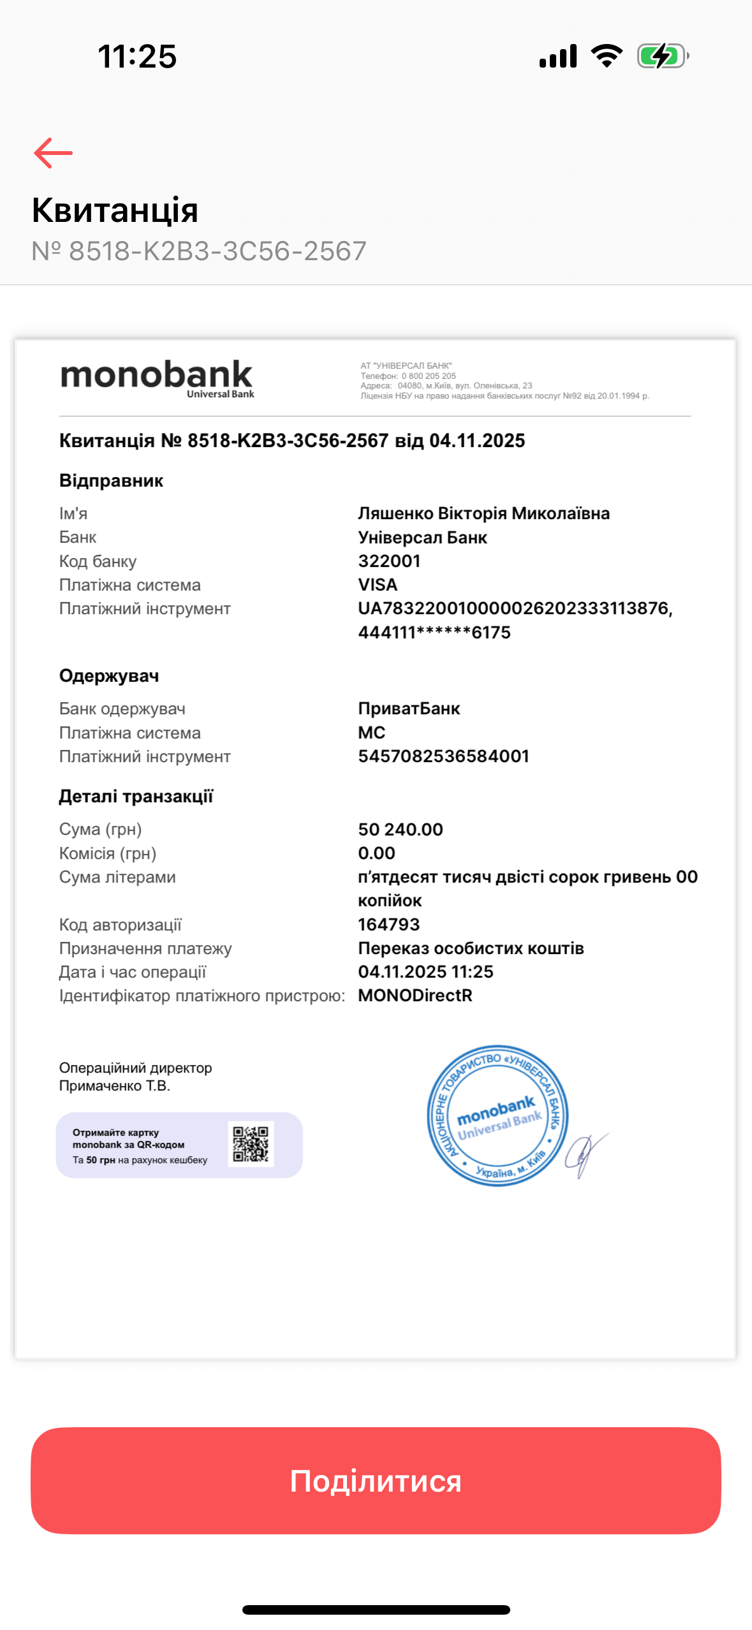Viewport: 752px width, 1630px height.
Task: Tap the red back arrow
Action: pyautogui.click(x=53, y=153)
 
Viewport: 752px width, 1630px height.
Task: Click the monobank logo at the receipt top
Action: pyautogui.click(x=157, y=378)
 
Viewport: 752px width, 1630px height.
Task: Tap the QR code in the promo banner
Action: pyautogui.click(x=251, y=1144)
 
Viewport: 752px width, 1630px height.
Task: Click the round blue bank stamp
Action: pyautogui.click(x=498, y=1116)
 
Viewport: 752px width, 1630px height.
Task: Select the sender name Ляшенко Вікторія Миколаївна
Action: pyautogui.click(x=483, y=513)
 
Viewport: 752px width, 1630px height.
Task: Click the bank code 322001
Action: pyautogui.click(x=389, y=561)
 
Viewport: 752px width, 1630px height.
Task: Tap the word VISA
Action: pyautogui.click(x=378, y=585)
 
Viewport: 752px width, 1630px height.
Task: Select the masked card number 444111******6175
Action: pyautogui.click(x=434, y=633)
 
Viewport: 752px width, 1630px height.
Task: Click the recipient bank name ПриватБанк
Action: pyautogui.click(x=409, y=709)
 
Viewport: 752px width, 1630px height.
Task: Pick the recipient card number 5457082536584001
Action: pyautogui.click(x=443, y=756)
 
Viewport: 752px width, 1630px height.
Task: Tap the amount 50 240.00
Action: pyautogui.click(x=401, y=830)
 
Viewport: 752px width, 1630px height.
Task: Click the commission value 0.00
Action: pyautogui.click(x=376, y=853)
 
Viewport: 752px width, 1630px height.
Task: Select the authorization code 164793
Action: pyautogui.click(x=388, y=925)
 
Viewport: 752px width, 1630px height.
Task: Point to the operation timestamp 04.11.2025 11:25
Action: pyautogui.click(x=425, y=972)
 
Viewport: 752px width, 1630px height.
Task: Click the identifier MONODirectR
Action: pyautogui.click(x=415, y=995)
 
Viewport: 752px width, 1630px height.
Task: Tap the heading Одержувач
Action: pyautogui.click(x=109, y=676)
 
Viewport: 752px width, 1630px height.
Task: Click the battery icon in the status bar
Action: pyautogui.click(x=663, y=56)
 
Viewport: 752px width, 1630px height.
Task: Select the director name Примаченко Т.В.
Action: pyautogui.click(x=115, y=1086)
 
